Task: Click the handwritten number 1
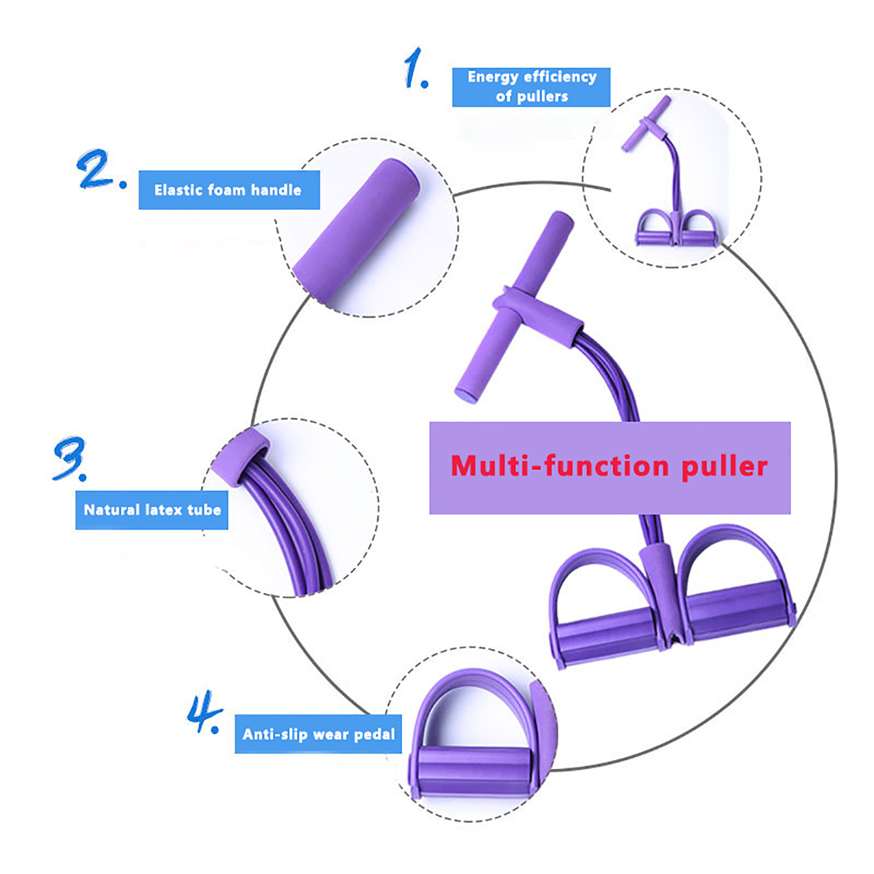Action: [415, 68]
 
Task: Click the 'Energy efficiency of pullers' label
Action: [531, 87]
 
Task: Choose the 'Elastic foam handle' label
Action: [229, 190]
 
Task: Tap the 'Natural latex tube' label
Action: [152, 510]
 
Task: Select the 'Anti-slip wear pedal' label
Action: [318, 734]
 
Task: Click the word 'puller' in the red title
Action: [724, 467]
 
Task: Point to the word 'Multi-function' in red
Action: [559, 466]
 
